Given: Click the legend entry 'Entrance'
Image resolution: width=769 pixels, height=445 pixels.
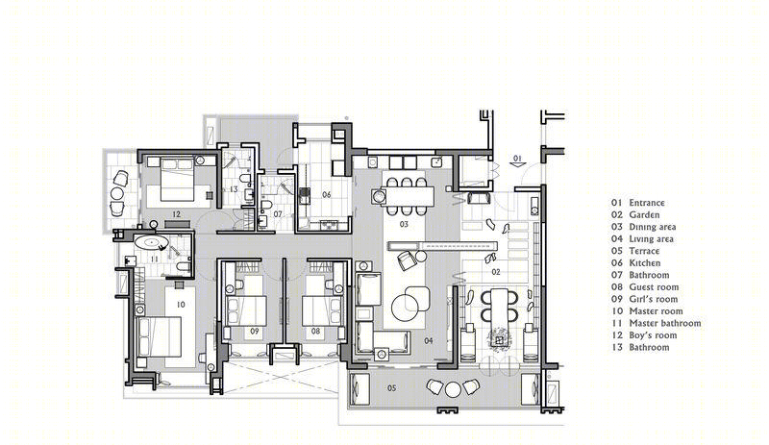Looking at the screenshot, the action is pyautogui.click(x=647, y=203).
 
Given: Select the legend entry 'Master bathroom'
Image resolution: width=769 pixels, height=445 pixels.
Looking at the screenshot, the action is pyautogui.click(x=665, y=323).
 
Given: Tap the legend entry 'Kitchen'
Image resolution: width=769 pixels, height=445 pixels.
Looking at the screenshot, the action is pyautogui.click(x=645, y=263).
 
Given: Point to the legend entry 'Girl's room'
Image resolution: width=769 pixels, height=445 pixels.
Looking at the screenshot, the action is pyautogui.click(x=654, y=299).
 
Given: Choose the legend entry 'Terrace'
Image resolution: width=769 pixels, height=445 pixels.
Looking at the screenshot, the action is pyautogui.click(x=644, y=251).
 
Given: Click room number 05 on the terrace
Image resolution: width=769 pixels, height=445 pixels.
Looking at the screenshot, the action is pyautogui.click(x=391, y=388).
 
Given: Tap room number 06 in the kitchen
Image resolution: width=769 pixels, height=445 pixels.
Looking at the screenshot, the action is pyautogui.click(x=327, y=195).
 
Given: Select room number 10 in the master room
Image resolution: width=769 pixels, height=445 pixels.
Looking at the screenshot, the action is pyautogui.click(x=181, y=305).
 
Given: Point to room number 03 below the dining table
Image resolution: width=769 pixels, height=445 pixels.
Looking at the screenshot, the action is pyautogui.click(x=404, y=224).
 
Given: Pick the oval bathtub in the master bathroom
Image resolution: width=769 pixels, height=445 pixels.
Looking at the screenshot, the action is pyautogui.click(x=151, y=242).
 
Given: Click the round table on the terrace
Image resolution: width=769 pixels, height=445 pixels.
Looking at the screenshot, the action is pyautogui.click(x=453, y=389).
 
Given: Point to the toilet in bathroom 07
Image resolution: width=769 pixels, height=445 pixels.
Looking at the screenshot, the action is pyautogui.click(x=266, y=204).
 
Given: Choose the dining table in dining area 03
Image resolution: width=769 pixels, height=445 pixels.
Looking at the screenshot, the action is pyautogui.click(x=410, y=196).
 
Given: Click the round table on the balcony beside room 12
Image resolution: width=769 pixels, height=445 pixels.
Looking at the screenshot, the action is pyautogui.click(x=117, y=193).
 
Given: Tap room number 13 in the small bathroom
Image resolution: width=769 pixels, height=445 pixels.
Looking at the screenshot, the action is pyautogui.click(x=233, y=189).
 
